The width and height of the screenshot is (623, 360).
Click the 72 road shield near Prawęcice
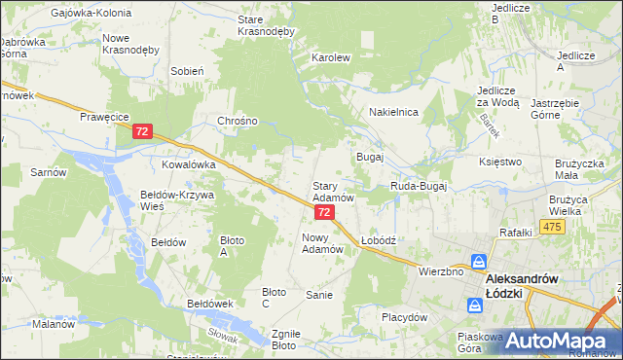click(143, 131)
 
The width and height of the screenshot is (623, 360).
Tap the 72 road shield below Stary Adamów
click(325, 212)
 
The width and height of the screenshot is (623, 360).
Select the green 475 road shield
click(553, 227)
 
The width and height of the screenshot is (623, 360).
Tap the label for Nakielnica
click(393, 112)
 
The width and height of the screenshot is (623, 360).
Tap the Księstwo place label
click(501, 162)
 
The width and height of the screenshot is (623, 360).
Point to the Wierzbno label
click(440, 271)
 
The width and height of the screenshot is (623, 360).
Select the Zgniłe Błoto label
click(283, 339)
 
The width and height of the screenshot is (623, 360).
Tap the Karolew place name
click(330, 57)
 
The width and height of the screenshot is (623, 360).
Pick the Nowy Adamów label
click(323, 243)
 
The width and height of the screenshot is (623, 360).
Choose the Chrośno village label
click(238, 121)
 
